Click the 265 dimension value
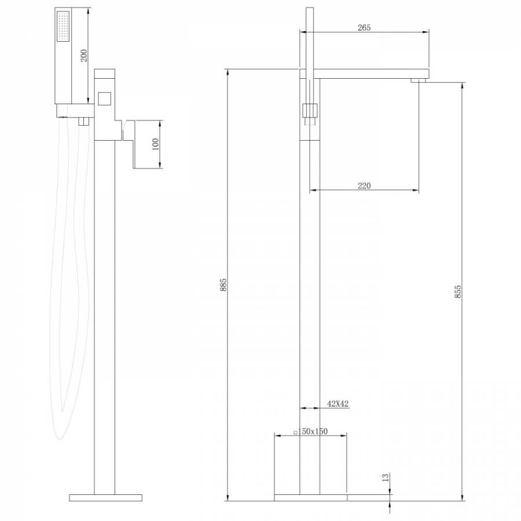click(364, 28)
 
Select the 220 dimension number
click(364, 186)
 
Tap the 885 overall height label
click(223, 285)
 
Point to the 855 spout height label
click(457, 291)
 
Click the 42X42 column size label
click(338, 403)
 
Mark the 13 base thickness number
click(385, 478)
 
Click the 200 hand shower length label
click(84, 56)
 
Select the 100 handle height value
click(155, 144)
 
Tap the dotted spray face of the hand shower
click(63, 26)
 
